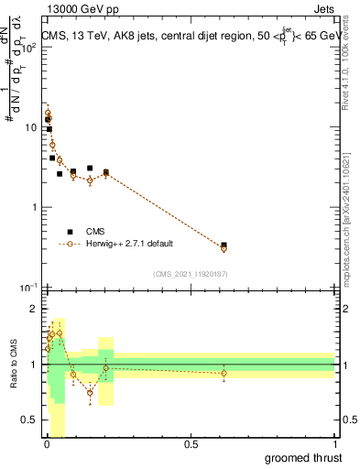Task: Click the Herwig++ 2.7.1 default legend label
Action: tap(129, 244)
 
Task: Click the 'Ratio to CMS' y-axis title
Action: tap(13, 365)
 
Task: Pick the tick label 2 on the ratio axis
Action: tap(35, 309)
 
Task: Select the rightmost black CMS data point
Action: tap(224, 245)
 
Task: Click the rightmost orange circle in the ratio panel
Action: tap(224, 373)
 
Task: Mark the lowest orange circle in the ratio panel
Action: tap(90, 392)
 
